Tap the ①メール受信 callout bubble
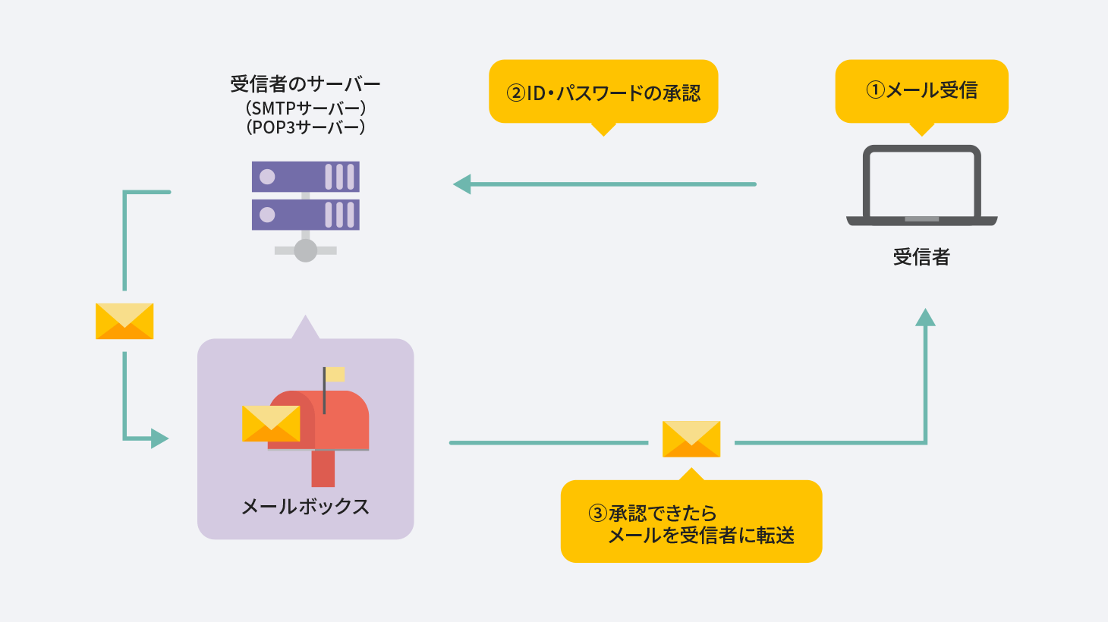921,90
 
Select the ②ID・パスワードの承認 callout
603,92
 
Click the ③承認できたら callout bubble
691,523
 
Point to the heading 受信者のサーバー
305,83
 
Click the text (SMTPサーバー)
305,108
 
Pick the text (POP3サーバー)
305,127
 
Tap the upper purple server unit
305,177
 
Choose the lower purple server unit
305,215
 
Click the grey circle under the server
305,250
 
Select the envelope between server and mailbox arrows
124,321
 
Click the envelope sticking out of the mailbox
271,423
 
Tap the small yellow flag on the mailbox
335,374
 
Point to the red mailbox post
323,468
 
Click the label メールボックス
305,507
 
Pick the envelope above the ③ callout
691,439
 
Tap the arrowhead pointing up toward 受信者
925,317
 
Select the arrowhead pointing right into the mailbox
159,438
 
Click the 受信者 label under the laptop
921,257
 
